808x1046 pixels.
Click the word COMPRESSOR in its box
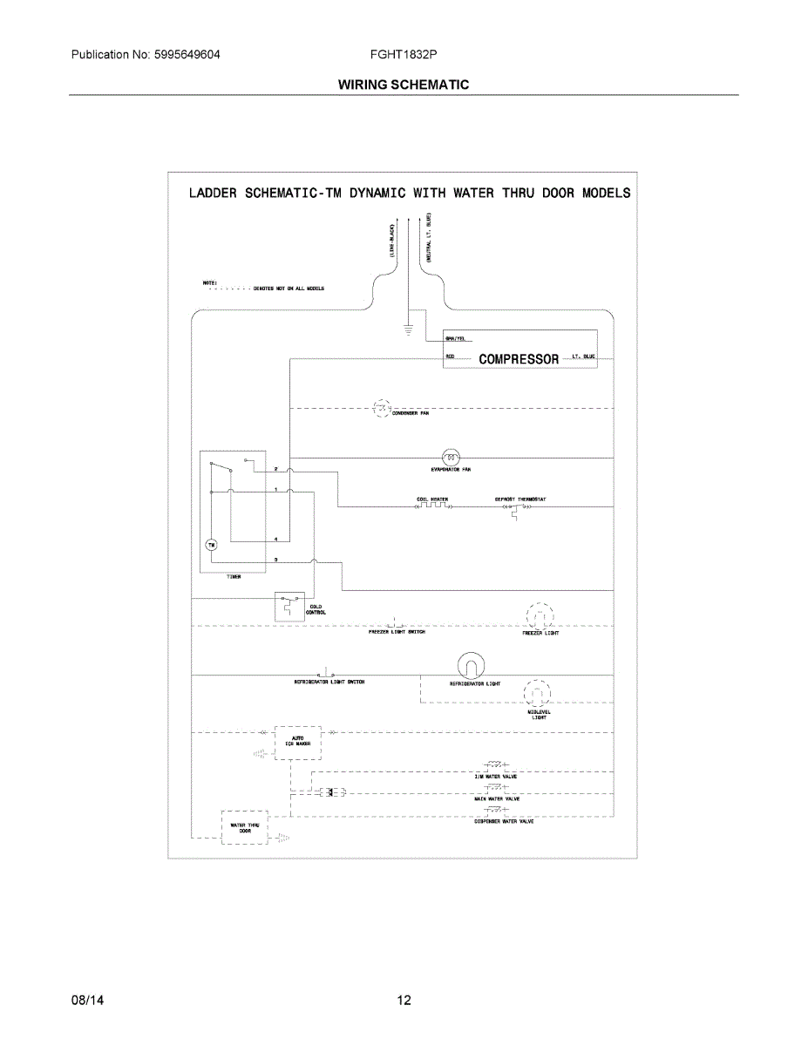[x=519, y=358]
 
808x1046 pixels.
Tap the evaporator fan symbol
[x=451, y=457]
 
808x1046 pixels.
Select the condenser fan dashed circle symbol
[x=383, y=407]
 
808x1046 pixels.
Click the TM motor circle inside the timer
[x=210, y=545]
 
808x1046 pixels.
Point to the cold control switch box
[x=289, y=607]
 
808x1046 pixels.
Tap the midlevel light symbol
[x=539, y=694]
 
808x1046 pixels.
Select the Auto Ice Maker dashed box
[x=298, y=742]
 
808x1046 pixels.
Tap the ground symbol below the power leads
[x=407, y=329]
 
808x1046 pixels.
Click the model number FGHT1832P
[x=404, y=55]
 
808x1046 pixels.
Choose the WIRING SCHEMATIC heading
[x=404, y=85]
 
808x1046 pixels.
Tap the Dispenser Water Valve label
[x=504, y=821]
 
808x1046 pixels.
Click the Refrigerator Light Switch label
[x=329, y=682]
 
